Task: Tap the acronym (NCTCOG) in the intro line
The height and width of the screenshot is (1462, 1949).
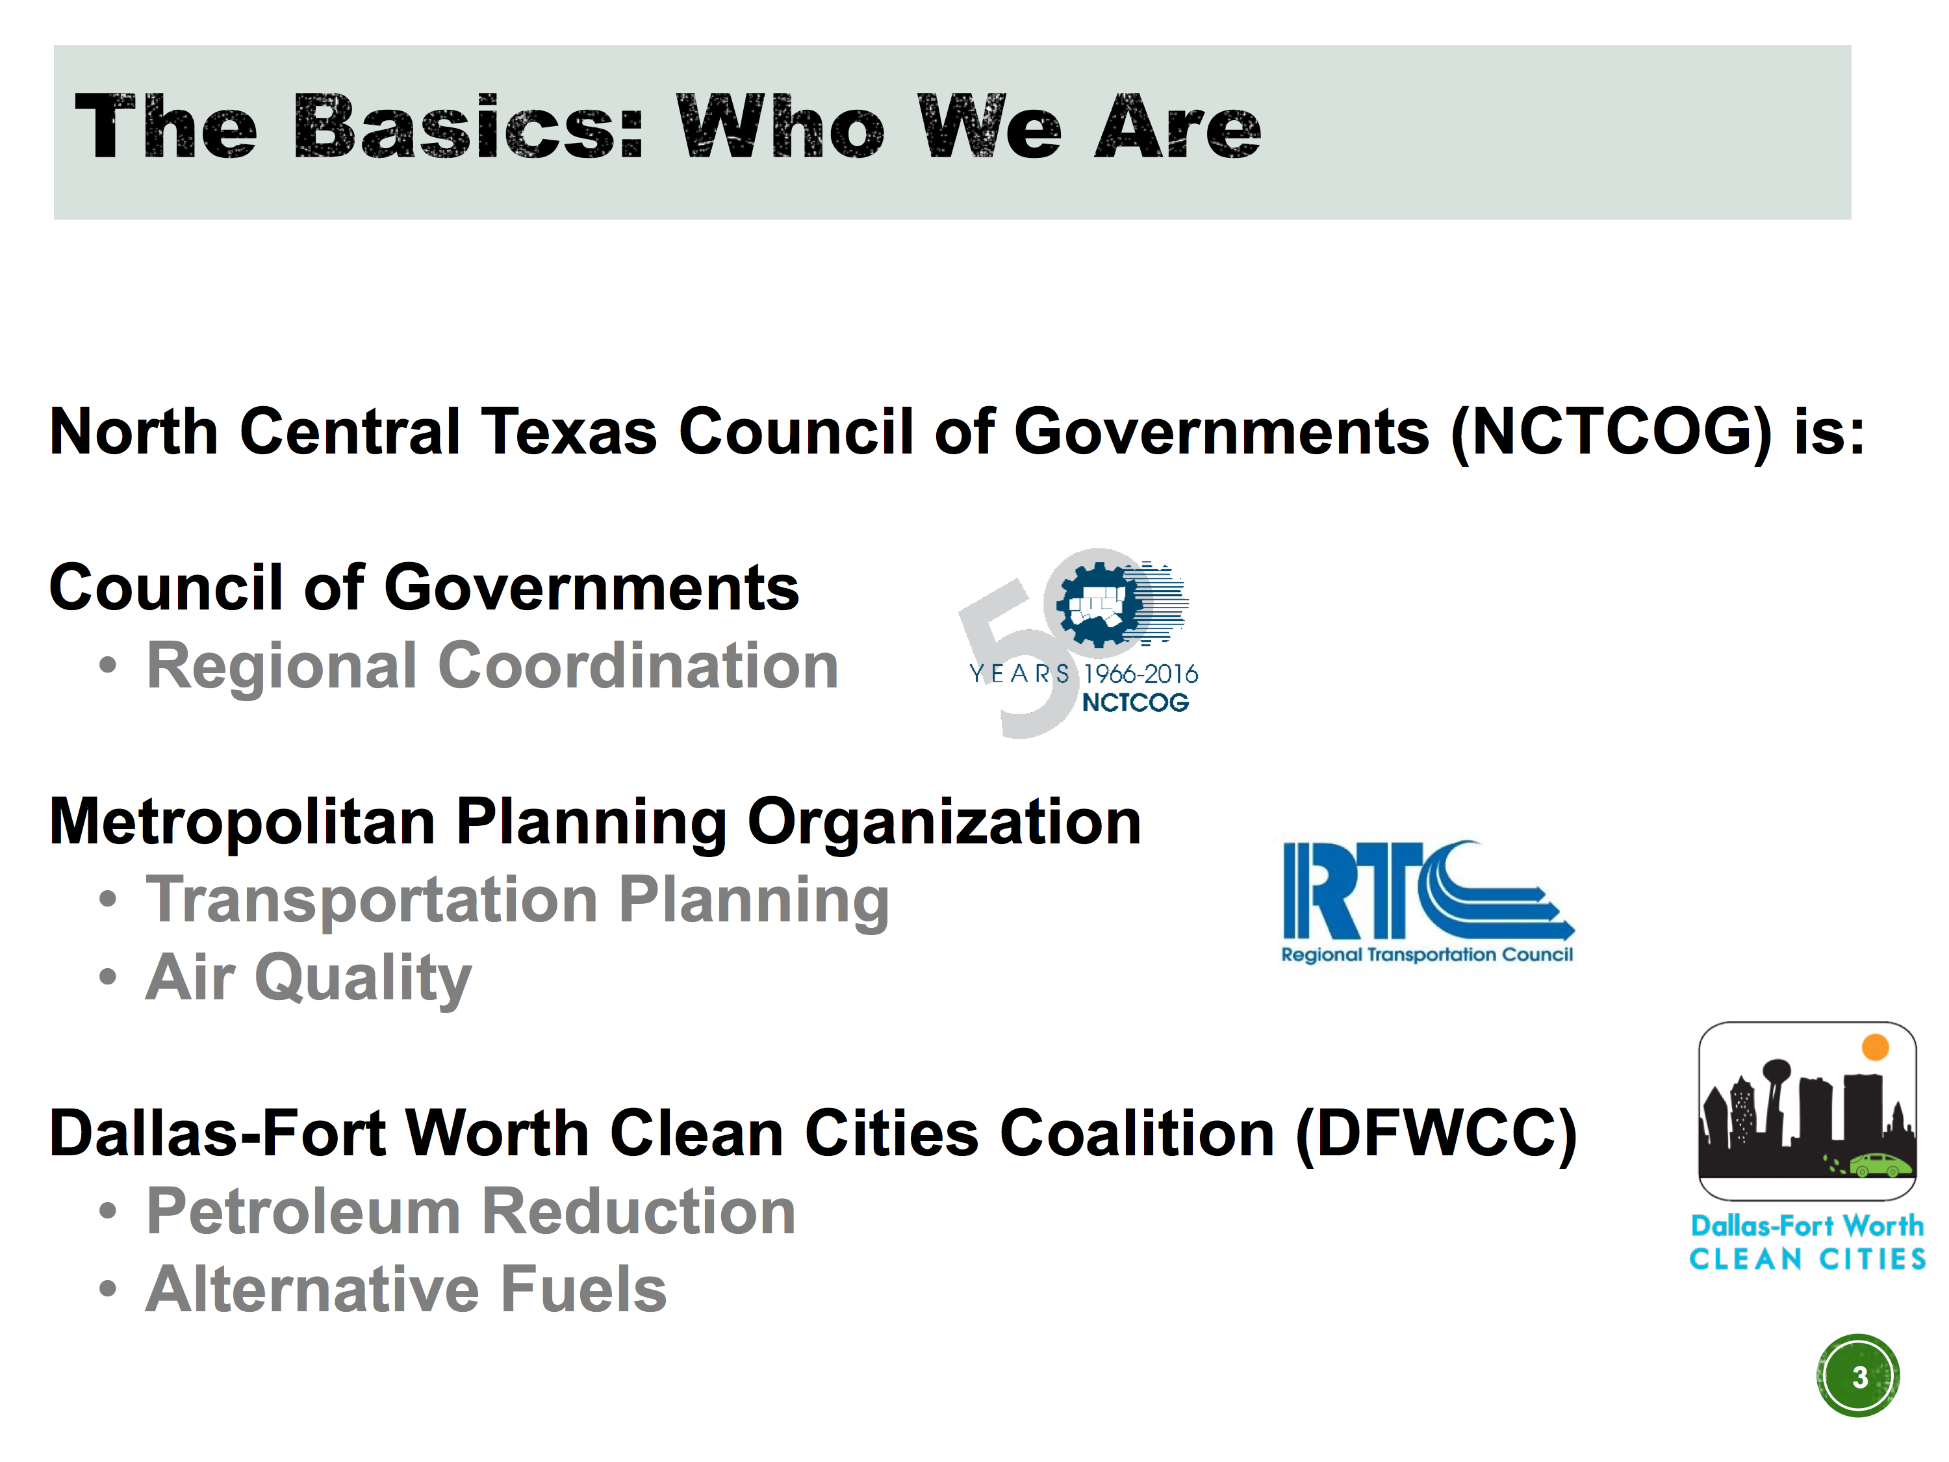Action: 1611,433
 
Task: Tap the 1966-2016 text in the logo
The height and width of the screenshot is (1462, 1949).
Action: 1141,674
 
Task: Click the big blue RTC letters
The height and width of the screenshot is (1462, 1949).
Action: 1427,890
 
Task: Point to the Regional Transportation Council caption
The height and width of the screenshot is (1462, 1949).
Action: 1427,955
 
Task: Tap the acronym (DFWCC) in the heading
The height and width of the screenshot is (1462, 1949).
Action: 1436,1134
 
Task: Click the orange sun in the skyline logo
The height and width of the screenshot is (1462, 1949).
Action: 1875,1047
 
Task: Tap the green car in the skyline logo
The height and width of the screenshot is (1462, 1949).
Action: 1881,1166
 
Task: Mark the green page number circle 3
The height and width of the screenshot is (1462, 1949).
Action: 1858,1376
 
